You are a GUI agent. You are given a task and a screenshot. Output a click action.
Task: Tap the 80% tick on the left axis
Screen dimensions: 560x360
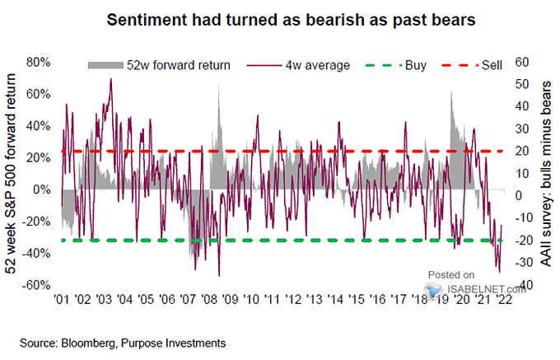[38, 63]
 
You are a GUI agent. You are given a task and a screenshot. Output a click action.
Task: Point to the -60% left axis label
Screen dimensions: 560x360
[35, 285]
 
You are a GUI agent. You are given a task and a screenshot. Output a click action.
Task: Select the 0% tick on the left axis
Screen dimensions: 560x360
[41, 189]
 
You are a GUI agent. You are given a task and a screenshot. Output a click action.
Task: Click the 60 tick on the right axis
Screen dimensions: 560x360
[522, 62]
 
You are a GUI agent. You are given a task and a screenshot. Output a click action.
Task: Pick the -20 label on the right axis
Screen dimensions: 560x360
[524, 240]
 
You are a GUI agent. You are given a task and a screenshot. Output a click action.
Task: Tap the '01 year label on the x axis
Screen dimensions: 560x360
[62, 299]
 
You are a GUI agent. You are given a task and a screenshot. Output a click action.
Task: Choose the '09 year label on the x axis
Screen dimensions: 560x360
[230, 299]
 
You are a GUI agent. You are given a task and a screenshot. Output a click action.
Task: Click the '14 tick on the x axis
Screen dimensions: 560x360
[335, 299]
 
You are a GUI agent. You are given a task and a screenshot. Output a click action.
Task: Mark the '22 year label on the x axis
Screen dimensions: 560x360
[504, 299]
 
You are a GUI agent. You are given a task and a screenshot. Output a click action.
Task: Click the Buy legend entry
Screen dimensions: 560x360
[396, 65]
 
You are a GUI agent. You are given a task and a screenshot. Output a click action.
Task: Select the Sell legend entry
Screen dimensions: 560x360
[472, 65]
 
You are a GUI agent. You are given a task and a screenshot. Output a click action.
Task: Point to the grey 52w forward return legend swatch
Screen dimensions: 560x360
[105, 65]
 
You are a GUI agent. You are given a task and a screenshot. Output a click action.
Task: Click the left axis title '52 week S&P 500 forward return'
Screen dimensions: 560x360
[11, 174]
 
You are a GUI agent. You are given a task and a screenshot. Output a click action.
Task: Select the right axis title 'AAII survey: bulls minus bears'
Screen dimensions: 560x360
[545, 174]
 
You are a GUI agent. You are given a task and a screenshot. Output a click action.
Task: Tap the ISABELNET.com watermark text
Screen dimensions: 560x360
[486, 288]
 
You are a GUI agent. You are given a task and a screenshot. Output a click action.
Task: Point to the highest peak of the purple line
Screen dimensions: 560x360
[110, 79]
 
